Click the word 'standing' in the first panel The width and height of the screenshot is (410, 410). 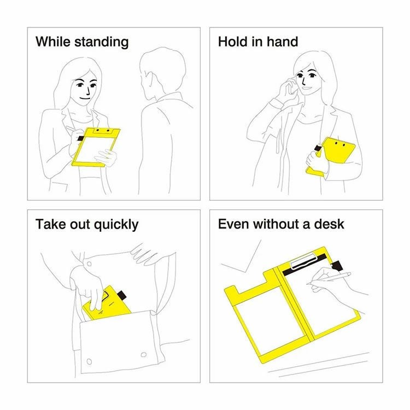point(102,42)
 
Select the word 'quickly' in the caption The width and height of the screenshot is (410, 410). point(116,225)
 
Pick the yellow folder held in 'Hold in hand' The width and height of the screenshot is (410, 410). point(331,156)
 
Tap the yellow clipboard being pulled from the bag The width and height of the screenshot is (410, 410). point(107,303)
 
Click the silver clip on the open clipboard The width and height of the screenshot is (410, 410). point(304,260)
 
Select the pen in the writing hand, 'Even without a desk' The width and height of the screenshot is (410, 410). point(329,278)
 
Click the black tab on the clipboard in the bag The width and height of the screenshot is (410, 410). point(122,295)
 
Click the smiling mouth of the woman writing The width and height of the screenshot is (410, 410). point(85,98)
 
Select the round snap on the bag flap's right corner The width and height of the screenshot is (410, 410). point(144,355)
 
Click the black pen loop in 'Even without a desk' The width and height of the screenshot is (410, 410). point(337,266)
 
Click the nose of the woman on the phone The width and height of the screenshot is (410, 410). point(303,81)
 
